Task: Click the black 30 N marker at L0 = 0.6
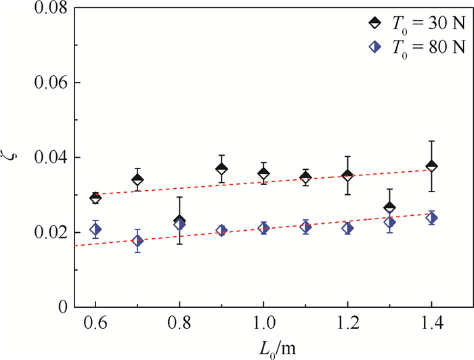point(95,198)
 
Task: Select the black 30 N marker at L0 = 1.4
point(431,166)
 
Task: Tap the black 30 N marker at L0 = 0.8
point(179,221)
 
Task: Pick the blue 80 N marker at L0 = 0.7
point(137,241)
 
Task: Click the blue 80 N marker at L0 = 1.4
point(431,218)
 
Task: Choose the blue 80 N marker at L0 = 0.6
point(95,229)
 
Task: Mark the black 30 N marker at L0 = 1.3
point(389,207)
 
